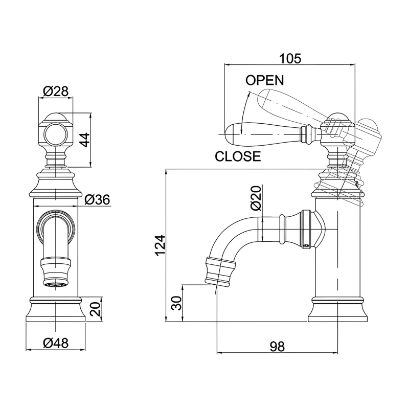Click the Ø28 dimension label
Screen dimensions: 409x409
click(56, 92)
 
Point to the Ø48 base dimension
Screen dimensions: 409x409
click(56, 343)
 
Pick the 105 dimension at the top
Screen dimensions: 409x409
click(290, 59)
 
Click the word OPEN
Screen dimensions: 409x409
click(264, 80)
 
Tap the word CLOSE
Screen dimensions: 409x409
click(238, 156)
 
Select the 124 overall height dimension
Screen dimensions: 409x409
click(160, 246)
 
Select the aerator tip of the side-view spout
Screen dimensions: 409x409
click(220, 271)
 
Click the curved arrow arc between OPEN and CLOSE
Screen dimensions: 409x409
click(243, 110)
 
